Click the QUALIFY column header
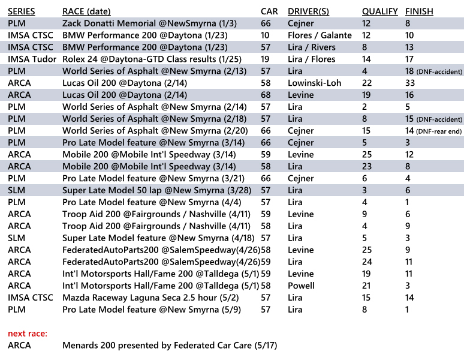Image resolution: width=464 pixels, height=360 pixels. (379, 11)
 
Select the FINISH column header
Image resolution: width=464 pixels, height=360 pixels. (419, 11)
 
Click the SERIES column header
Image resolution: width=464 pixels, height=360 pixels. (22, 11)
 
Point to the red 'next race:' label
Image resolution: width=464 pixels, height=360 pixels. (28, 333)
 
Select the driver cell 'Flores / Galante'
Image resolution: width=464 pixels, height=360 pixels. (320, 35)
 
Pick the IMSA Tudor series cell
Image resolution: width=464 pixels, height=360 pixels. (32, 59)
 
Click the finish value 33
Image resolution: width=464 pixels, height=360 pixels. (411, 83)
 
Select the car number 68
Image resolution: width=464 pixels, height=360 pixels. (266, 95)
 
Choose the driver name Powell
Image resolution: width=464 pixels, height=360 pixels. (301, 286)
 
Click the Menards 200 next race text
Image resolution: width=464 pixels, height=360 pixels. (170, 345)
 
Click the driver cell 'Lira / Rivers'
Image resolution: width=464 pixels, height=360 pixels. (312, 47)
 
